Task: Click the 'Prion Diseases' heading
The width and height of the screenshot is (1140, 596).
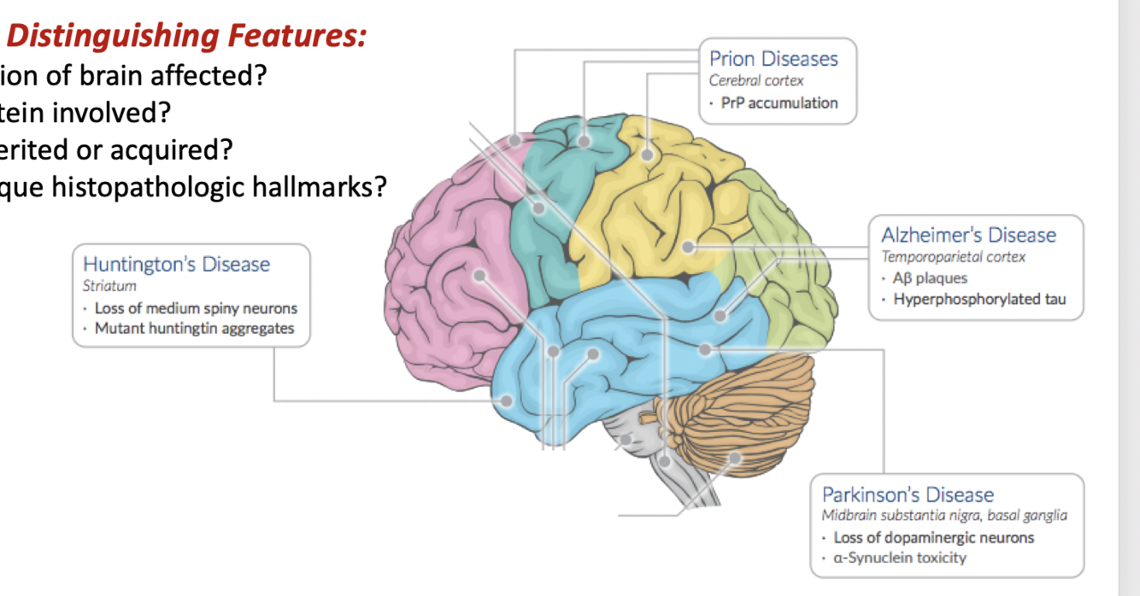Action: [x=773, y=59]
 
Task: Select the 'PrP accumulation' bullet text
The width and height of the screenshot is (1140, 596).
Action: [x=779, y=103]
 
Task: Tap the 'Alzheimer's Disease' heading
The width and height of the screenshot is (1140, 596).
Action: [x=968, y=236]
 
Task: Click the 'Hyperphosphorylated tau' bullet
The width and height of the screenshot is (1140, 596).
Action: [x=979, y=300]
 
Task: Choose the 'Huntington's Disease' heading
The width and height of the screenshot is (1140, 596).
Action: [x=176, y=265]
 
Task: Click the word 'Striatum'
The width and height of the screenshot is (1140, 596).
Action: [x=109, y=287]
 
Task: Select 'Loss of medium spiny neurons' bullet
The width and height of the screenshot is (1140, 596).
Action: [x=196, y=309]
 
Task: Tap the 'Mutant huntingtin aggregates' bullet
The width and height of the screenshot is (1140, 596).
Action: [x=194, y=329]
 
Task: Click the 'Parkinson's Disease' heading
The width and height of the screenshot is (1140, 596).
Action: [x=908, y=495]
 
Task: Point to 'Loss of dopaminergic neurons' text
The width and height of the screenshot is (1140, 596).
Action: [x=933, y=538]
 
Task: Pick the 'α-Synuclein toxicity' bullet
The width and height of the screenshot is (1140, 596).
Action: [x=900, y=558]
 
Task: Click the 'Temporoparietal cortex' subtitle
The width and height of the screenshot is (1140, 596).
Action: [x=953, y=257]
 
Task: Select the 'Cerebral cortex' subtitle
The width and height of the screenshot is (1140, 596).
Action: [x=756, y=81]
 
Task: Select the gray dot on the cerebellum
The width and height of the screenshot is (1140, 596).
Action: [x=733, y=459]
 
